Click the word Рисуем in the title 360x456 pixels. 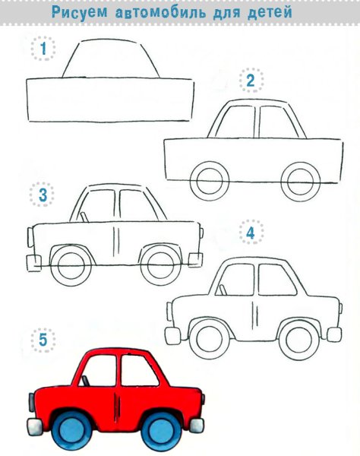click(x=79, y=12)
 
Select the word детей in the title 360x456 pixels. click(x=270, y=12)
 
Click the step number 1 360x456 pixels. click(x=43, y=49)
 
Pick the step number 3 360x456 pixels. click(x=43, y=195)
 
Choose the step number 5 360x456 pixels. click(x=43, y=340)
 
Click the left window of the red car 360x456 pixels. click(x=98, y=371)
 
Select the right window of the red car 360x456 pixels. click(x=139, y=371)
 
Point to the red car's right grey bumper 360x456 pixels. click(x=197, y=425)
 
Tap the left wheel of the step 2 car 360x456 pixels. click(x=210, y=181)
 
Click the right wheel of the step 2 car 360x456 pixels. click(x=301, y=182)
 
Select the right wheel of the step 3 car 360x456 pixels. click(x=161, y=266)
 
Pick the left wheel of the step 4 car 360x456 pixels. click(x=209, y=339)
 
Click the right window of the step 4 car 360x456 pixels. click(x=277, y=279)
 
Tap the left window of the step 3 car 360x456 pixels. click(x=98, y=206)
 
